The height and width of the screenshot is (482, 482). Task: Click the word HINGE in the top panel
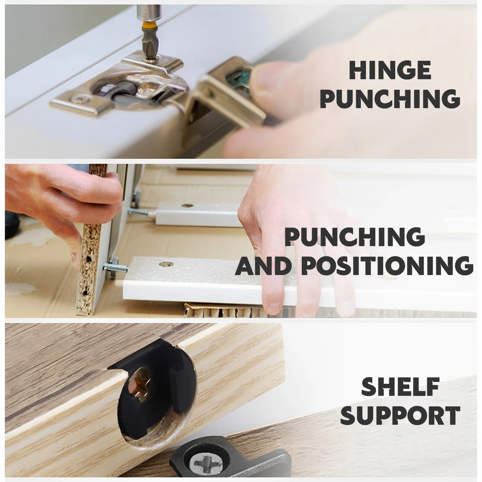click(390, 70)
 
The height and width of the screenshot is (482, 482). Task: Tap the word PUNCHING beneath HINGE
click(390, 99)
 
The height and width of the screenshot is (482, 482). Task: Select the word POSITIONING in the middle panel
click(387, 265)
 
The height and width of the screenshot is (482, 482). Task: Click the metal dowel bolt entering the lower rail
click(116, 266)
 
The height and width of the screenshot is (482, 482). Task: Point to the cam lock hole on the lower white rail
click(165, 264)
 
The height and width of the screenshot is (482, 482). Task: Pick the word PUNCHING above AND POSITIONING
click(355, 237)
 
